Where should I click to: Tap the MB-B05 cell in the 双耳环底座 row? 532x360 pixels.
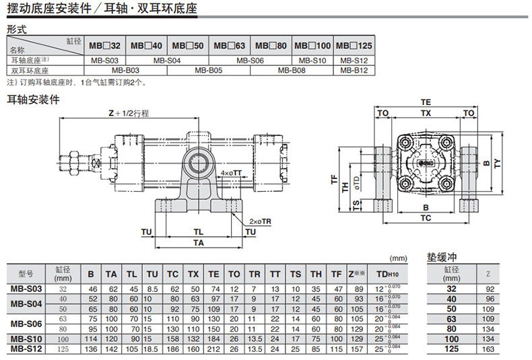click(x=209, y=70)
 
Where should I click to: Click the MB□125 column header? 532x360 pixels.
click(x=355, y=45)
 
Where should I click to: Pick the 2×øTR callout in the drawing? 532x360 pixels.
click(x=259, y=221)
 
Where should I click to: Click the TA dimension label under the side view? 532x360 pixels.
click(x=199, y=242)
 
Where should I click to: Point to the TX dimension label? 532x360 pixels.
click(x=426, y=113)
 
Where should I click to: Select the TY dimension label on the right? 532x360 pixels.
click(x=497, y=162)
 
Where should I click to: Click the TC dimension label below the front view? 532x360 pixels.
click(x=426, y=218)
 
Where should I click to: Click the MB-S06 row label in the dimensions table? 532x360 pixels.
click(x=26, y=324)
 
